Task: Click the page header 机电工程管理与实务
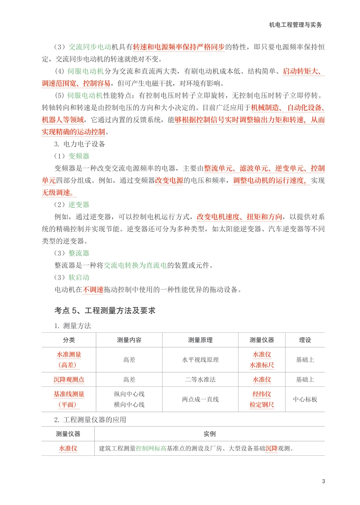click(295, 25)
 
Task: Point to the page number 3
click(323, 481)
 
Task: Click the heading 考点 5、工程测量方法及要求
click(105, 311)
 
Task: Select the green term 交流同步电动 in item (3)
click(90, 47)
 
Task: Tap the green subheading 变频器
click(79, 156)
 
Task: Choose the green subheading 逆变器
click(79, 205)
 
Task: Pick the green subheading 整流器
click(79, 253)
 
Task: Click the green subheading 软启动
click(79, 277)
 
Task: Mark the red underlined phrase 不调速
click(93, 290)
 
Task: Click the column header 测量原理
click(200, 340)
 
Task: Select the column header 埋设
click(305, 340)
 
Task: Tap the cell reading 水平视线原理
click(200, 360)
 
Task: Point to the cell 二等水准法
click(200, 380)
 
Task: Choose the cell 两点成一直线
click(200, 399)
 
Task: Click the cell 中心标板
click(305, 399)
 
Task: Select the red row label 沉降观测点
click(69, 380)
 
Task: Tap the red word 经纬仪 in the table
click(261, 394)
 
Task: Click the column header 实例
click(209, 434)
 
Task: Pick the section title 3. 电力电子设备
click(80, 144)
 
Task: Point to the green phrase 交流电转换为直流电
click(135, 265)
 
